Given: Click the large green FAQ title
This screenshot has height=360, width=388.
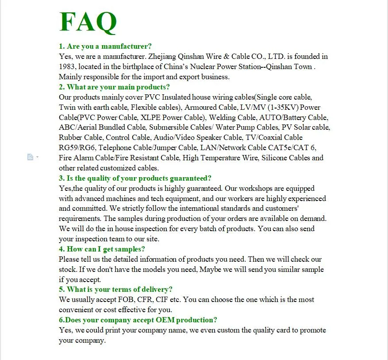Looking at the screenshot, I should coord(88,22).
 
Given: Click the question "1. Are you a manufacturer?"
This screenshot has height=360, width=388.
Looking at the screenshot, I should coord(105,46).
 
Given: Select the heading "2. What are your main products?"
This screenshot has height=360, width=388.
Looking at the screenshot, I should coord(114,87).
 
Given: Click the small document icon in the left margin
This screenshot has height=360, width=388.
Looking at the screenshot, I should coord(30,157).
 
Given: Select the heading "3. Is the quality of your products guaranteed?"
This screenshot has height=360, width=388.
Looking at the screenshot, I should coord(135,178).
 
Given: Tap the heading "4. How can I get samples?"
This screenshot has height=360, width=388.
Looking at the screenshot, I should coord(102,249).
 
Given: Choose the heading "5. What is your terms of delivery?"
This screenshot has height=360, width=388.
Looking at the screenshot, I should coord(115,289).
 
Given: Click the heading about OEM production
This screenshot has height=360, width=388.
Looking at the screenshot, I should coord(138,320).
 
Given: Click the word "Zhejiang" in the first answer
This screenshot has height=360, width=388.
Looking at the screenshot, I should coord(162,56).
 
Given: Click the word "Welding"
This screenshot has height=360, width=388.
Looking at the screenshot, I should coord(223,117).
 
